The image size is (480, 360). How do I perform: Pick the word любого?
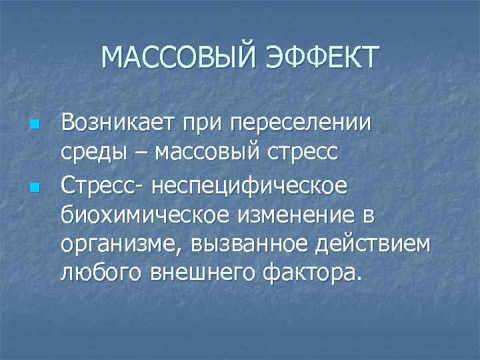tap(102, 273)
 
